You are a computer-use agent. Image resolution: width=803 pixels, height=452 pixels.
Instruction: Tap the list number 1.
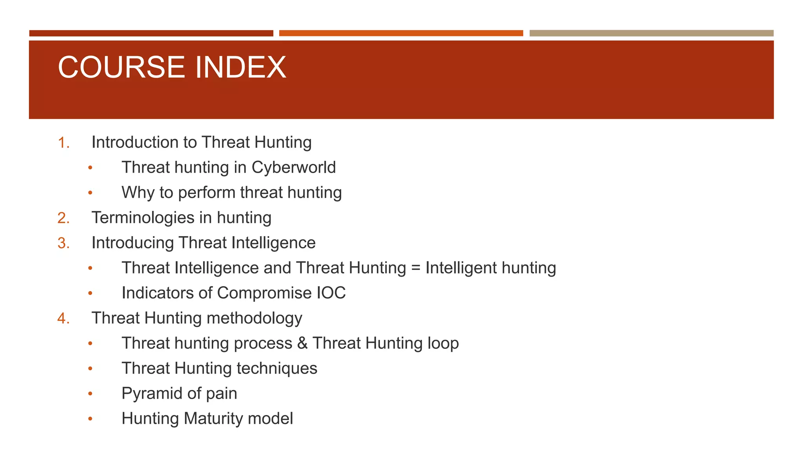63,142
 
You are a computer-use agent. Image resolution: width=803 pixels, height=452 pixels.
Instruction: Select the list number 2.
63,218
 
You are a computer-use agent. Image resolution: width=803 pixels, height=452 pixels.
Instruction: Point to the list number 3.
63,243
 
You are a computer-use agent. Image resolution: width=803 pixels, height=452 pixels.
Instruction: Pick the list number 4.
63,318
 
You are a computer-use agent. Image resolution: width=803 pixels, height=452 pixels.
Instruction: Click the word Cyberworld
294,168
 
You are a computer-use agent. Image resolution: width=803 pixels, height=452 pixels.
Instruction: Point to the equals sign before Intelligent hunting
416,268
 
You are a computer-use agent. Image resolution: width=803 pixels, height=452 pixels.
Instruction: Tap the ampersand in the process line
302,343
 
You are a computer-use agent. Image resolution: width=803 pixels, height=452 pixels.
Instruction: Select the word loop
443,343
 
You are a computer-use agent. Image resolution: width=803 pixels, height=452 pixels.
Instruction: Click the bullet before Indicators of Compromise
90,293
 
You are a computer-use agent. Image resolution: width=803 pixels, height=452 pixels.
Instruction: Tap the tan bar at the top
651,33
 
